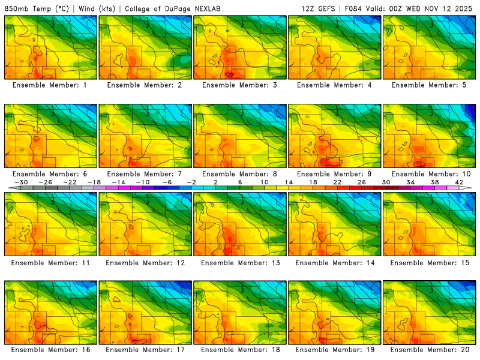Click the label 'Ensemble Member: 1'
[x=49, y=85]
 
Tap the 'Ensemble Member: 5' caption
[x=428, y=85]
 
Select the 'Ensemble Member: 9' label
[x=334, y=174]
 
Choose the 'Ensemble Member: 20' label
[x=428, y=349]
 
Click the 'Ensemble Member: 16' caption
[x=50, y=349]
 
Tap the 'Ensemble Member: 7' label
[x=144, y=174]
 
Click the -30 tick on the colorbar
[x=21, y=182]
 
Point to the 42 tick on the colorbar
[x=460, y=182]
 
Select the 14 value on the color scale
[x=288, y=182]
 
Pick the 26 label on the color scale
[x=361, y=182]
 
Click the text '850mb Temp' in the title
[x=27, y=8]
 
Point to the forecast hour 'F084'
[x=353, y=8]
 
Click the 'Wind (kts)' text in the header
[x=96, y=8]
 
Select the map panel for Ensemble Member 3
[x=239, y=47]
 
